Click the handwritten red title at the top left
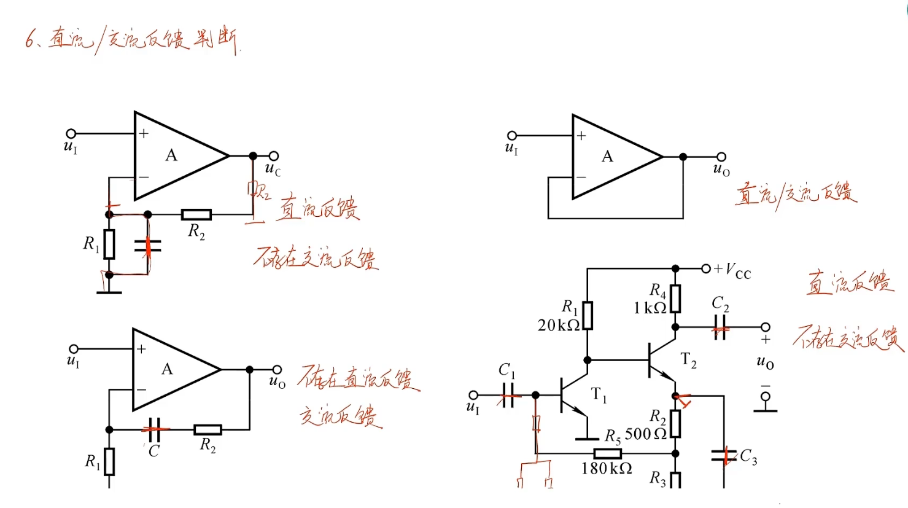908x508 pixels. click(x=132, y=41)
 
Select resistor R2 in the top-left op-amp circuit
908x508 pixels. click(x=196, y=214)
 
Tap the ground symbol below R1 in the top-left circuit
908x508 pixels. click(x=109, y=291)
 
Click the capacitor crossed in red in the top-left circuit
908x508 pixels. click(x=147, y=246)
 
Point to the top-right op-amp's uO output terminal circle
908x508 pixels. click(x=721, y=157)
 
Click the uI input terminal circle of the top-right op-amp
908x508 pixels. click(x=512, y=136)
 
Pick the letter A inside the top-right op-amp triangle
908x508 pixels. click(x=607, y=157)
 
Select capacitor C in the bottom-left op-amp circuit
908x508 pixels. click(x=154, y=429)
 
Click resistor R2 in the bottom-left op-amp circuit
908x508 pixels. click(x=208, y=430)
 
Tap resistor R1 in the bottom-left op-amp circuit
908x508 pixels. click(x=109, y=461)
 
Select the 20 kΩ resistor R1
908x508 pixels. click(x=588, y=315)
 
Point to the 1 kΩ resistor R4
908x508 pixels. click(x=675, y=299)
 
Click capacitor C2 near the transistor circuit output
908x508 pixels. click(x=720, y=327)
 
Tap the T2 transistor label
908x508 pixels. click(x=688, y=361)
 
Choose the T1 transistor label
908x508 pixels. click(x=599, y=395)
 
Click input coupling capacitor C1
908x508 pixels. click(x=507, y=395)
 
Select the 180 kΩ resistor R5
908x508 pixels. click(x=607, y=454)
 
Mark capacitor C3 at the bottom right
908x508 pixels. click(x=724, y=456)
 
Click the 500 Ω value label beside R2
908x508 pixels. click(x=645, y=434)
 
